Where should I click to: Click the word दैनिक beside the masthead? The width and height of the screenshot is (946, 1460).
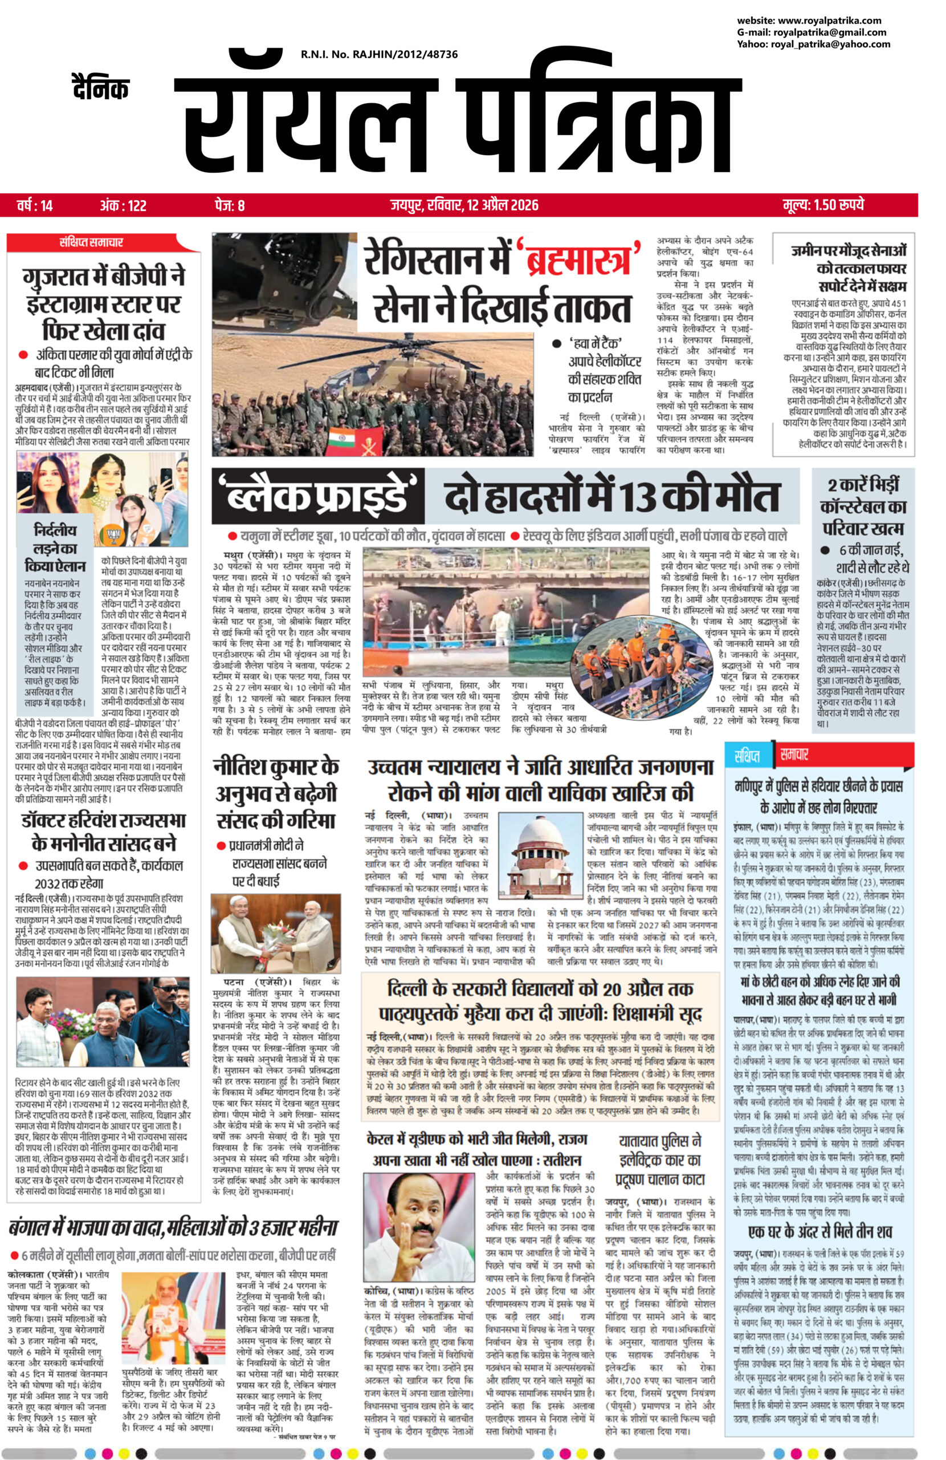tap(99, 88)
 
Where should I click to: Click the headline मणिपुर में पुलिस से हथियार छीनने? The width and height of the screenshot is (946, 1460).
tap(818, 796)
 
